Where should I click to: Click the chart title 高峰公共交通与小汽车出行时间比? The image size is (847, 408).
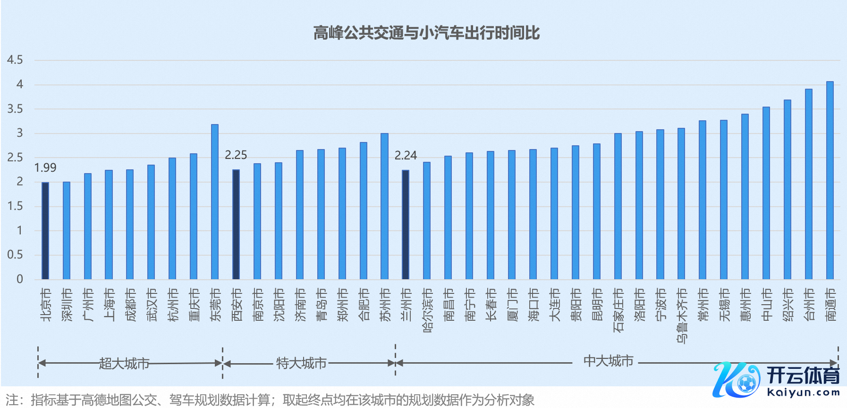[426, 33]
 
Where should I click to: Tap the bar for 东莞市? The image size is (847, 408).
[215, 201]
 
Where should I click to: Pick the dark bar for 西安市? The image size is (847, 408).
[236, 224]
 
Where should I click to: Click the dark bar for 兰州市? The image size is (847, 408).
[406, 225]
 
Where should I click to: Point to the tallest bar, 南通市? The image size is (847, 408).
[830, 180]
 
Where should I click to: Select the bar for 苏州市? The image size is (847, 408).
[384, 206]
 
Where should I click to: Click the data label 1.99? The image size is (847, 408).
[45, 168]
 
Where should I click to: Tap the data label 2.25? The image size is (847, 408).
[236, 155]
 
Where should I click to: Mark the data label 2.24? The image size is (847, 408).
[406, 156]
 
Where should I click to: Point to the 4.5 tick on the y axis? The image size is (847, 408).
[15, 60]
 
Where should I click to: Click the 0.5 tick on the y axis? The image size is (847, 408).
[15, 255]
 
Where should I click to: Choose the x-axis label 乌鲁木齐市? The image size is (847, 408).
[682, 316]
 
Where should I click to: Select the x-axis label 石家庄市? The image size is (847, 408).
[618, 310]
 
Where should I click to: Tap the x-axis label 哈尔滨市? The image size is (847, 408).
[427, 310]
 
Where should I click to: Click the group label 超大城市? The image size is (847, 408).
[124, 363]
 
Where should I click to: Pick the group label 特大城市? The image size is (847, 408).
[301, 363]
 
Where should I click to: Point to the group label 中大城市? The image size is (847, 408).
[608, 361]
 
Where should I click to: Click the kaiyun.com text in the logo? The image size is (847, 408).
[804, 392]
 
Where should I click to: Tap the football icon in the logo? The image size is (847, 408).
[746, 383]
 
